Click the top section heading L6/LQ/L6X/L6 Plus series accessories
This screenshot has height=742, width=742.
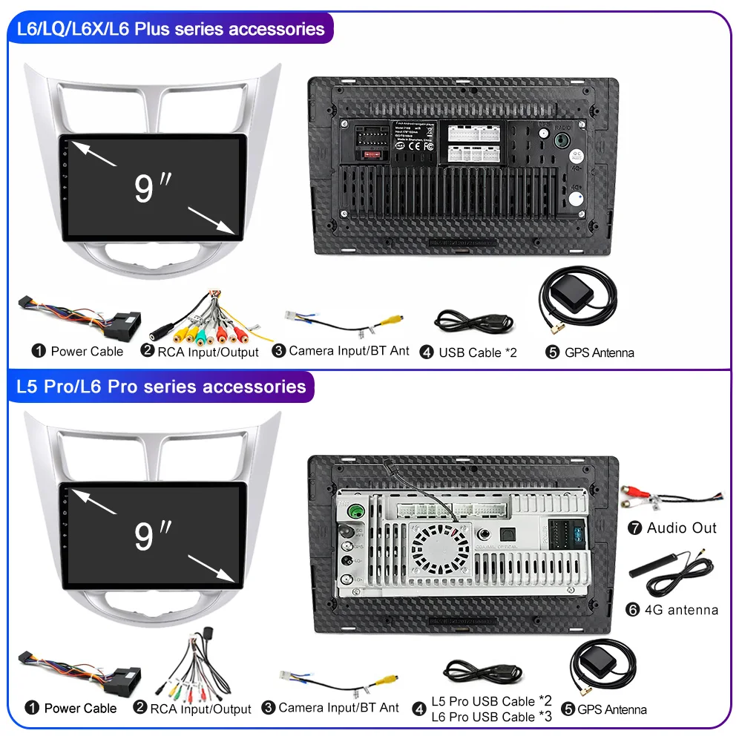(x=170, y=29)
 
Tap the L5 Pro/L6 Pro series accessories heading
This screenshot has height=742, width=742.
(x=161, y=387)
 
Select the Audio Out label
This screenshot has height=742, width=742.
(x=681, y=528)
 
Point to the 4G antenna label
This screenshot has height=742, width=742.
(x=682, y=610)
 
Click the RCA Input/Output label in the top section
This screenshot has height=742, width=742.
(x=208, y=352)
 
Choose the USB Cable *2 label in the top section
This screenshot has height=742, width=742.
(x=477, y=352)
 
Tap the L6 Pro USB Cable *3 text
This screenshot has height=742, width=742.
(x=492, y=717)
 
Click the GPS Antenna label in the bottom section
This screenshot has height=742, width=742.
(x=611, y=709)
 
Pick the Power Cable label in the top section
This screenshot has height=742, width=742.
(x=87, y=351)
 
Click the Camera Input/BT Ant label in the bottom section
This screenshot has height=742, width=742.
(x=338, y=708)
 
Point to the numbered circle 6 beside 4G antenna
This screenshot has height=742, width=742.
(x=633, y=610)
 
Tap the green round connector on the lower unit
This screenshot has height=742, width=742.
(x=355, y=510)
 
